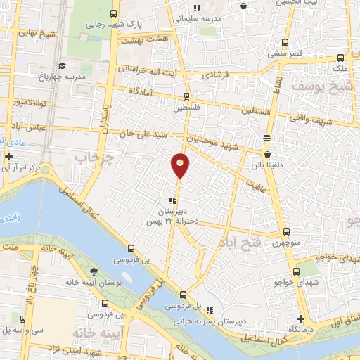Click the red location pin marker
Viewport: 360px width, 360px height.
coord(180,165)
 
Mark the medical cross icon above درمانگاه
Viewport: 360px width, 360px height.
coord(300,319)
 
